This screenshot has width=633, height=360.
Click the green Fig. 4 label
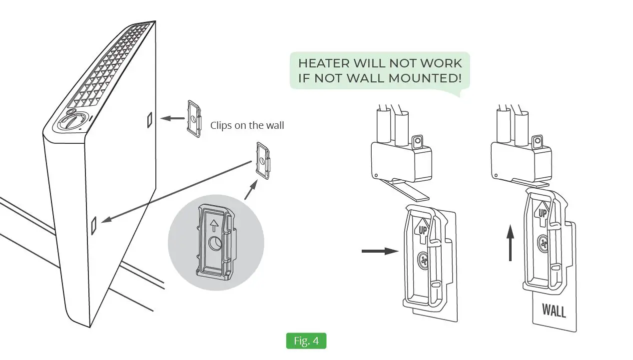click(x=306, y=341)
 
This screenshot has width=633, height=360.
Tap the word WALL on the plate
click(x=554, y=311)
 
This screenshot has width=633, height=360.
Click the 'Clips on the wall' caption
click(x=247, y=125)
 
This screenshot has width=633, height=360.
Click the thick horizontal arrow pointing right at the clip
click(x=379, y=251)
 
